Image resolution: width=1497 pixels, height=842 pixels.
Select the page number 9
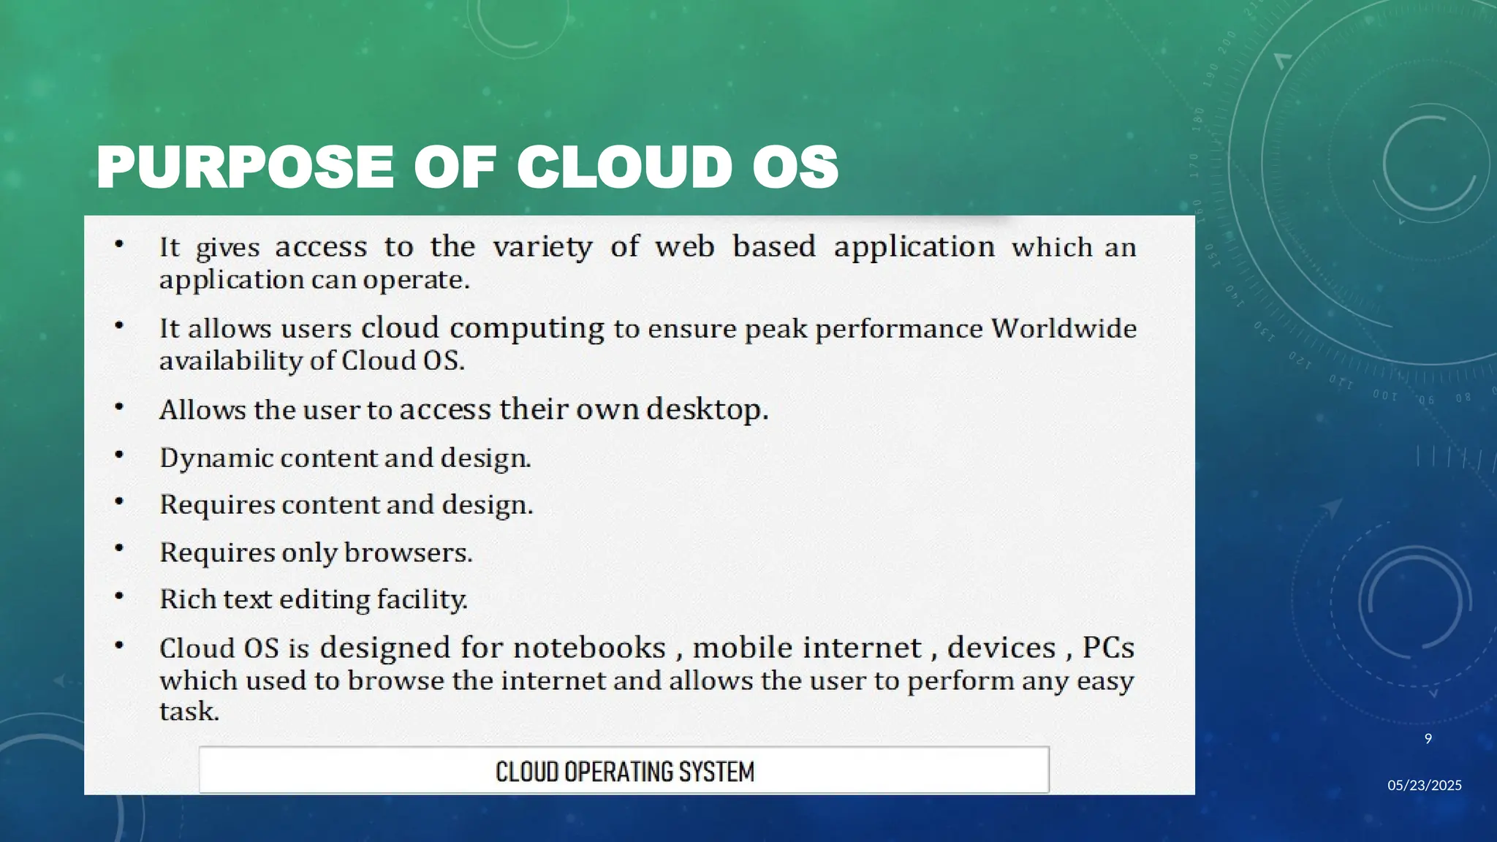point(1428,739)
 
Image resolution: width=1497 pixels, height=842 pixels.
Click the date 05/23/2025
point(1424,785)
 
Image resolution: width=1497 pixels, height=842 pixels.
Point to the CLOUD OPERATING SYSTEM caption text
point(624,772)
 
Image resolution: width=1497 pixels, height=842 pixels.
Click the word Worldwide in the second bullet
point(1064,328)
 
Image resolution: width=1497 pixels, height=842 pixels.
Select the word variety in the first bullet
point(542,247)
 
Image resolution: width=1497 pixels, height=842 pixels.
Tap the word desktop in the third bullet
point(706,409)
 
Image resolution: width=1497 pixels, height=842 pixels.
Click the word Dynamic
point(216,458)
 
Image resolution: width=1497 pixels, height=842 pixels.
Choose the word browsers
point(407,553)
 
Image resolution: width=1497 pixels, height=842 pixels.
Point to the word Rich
point(187,599)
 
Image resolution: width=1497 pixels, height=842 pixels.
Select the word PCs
point(1108,648)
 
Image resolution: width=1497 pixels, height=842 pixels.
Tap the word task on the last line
point(189,711)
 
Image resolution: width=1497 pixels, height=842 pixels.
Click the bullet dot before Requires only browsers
point(119,548)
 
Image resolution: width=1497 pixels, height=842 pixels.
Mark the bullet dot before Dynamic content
point(119,455)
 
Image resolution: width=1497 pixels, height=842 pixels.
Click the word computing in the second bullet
point(527,329)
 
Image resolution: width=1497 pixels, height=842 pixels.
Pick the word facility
point(422,599)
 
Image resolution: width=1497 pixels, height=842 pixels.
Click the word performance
point(899,329)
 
